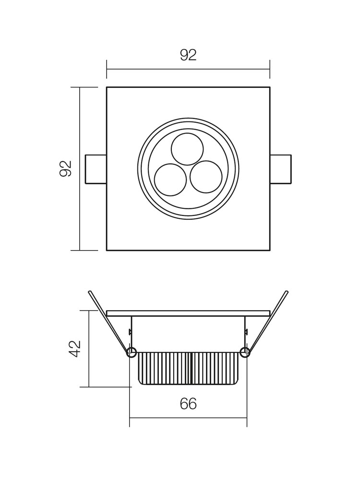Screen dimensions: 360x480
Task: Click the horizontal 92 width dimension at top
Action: pyautogui.click(x=188, y=55)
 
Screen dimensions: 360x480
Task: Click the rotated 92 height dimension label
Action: pyautogui.click(x=65, y=168)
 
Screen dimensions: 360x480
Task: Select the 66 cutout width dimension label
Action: pyautogui.click(x=188, y=404)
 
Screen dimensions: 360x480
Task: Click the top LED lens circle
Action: pyautogui.click(x=187, y=149)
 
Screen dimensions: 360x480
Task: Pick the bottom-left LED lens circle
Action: pyautogui.click(x=170, y=180)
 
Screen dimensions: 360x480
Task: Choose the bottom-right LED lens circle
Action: pyautogui.click(x=206, y=178)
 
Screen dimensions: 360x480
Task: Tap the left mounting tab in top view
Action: pyautogui.click(x=96, y=169)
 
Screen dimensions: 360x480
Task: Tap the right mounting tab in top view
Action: pyautogui.click(x=281, y=169)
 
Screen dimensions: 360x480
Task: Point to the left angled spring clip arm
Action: pyautogui.click(x=108, y=323)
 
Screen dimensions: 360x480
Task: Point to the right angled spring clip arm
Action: pyautogui.click(x=267, y=323)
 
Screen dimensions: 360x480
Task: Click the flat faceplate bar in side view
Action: pyautogui.click(x=188, y=313)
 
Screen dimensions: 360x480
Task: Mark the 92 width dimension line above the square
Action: pyautogui.click(x=188, y=69)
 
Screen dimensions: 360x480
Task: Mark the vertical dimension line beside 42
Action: pyautogui.click(x=89, y=348)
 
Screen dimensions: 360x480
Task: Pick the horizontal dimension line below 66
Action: pyautogui.click(x=188, y=418)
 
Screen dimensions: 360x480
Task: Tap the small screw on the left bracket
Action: pyautogui.click(x=130, y=331)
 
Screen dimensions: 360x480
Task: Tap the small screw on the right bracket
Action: pyautogui.click(x=246, y=331)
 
